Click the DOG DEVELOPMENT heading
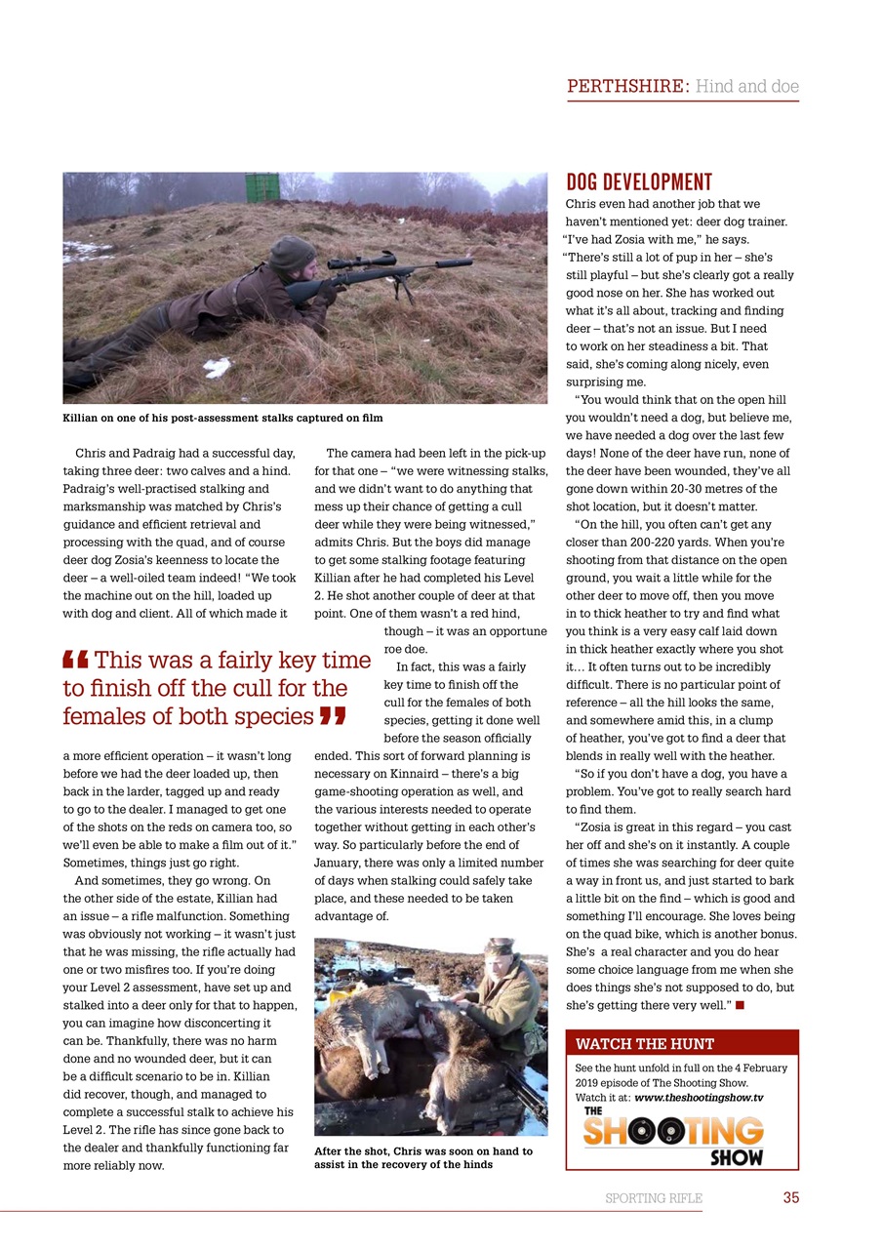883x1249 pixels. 639,182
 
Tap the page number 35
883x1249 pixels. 790,1197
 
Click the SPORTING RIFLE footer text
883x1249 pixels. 653,1198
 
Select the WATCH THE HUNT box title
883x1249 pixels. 644,1044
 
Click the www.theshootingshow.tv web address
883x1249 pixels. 699,1097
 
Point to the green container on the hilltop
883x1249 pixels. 261,187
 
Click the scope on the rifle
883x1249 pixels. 362,261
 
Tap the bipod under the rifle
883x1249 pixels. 402,290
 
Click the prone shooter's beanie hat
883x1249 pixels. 292,253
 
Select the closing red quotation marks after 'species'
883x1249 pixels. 333,717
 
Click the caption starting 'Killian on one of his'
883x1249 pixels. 222,418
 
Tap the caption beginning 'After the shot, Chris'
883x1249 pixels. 422,1157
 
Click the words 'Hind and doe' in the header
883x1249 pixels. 746,86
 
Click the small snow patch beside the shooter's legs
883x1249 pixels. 217,367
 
